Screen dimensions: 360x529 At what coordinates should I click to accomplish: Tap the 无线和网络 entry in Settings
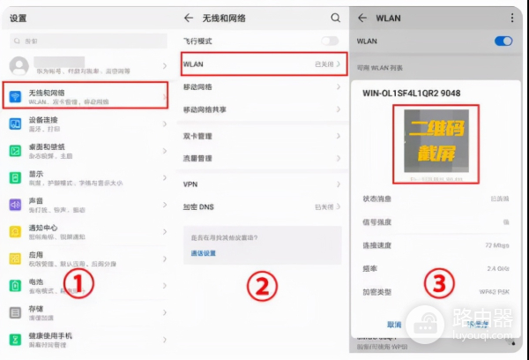[86, 95]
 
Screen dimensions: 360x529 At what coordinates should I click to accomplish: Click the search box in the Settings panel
[88, 41]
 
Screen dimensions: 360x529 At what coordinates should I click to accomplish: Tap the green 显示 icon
[15, 177]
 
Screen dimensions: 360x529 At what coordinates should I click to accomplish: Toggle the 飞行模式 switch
[330, 41]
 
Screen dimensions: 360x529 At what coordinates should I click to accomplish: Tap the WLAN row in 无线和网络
[262, 64]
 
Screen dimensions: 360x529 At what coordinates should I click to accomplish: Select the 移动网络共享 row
[262, 109]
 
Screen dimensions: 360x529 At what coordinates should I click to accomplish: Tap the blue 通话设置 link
[204, 253]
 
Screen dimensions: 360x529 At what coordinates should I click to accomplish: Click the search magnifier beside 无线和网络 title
[335, 18]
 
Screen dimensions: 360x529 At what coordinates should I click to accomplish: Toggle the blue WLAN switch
[504, 41]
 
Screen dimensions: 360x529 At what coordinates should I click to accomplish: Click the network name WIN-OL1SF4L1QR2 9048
[412, 93]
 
